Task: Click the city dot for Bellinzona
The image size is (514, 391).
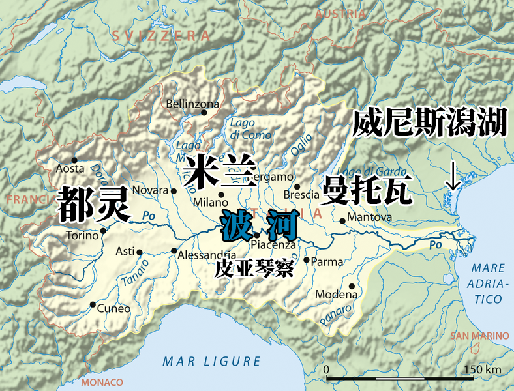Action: [204, 113]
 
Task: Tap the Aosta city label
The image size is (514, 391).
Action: [70, 169]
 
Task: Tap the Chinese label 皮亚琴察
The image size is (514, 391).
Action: [254, 269]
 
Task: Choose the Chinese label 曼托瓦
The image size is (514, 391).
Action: [367, 190]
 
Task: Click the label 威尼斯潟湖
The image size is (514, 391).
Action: [430, 123]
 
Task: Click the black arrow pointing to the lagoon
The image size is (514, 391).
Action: [452, 177]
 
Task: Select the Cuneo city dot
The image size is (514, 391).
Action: [93, 304]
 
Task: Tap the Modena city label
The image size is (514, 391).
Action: [336, 295]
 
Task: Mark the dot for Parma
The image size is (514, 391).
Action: [307, 259]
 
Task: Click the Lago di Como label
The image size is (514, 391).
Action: [241, 128]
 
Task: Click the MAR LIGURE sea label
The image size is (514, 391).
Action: [211, 361]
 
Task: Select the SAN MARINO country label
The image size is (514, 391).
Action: [479, 336]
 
